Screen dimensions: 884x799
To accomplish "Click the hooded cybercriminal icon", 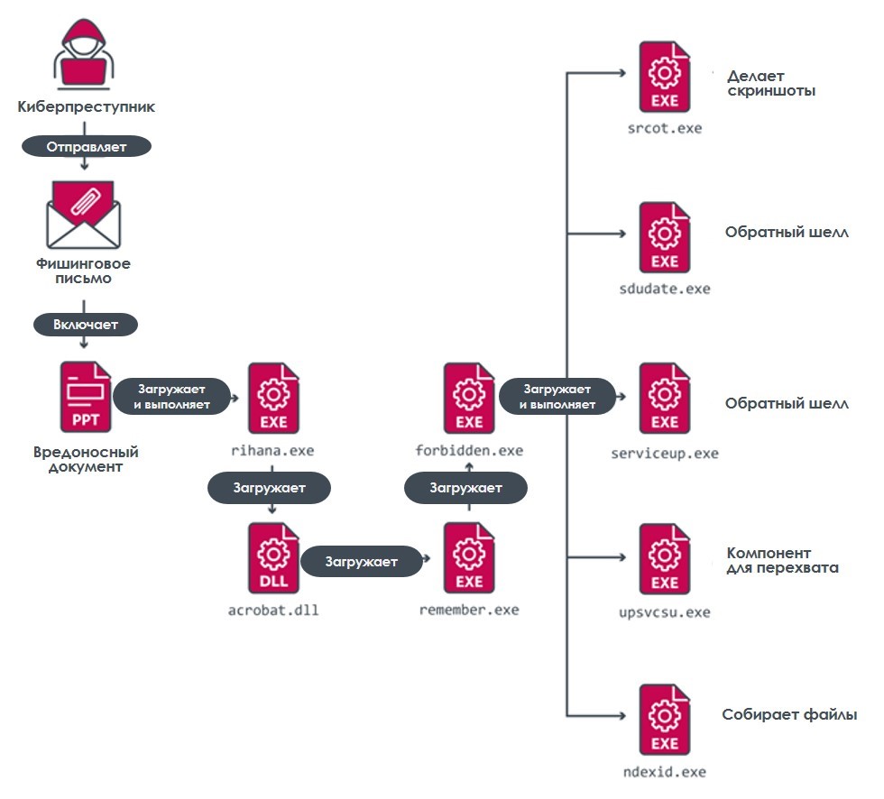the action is coord(83,54).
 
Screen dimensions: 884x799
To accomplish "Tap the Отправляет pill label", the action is coord(87,146).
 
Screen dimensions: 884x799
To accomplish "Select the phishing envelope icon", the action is coord(83,214).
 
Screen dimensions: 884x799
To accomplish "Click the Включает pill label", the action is coord(86,325).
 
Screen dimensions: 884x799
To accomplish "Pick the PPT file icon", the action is coord(85,397).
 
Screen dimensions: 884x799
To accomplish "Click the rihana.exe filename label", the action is coord(272,451).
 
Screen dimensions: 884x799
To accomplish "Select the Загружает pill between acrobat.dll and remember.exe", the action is coord(362,561).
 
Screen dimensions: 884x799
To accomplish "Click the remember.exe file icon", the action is coord(469,557).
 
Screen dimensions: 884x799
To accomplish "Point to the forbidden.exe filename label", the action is coord(469,451).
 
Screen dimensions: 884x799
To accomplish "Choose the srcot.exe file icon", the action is coord(665,77).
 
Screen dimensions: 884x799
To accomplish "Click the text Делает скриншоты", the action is coord(771,83).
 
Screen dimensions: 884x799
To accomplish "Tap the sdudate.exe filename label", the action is coord(665,289).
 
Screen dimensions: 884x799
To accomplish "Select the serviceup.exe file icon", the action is coord(665,398).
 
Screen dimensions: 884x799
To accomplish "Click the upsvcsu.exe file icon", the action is coord(665,558).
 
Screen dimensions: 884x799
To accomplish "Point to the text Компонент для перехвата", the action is coord(783,560).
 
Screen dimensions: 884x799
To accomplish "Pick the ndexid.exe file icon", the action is coord(665,719).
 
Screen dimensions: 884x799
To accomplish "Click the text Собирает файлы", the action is coord(789,714).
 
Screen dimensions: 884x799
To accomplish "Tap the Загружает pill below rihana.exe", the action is coord(269,488).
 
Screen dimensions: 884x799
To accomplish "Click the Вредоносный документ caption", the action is coord(86,459).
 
